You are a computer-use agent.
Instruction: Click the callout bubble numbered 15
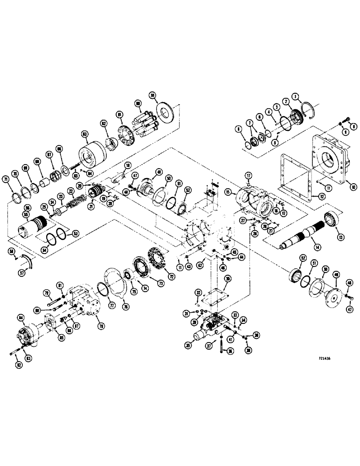(228, 192)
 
